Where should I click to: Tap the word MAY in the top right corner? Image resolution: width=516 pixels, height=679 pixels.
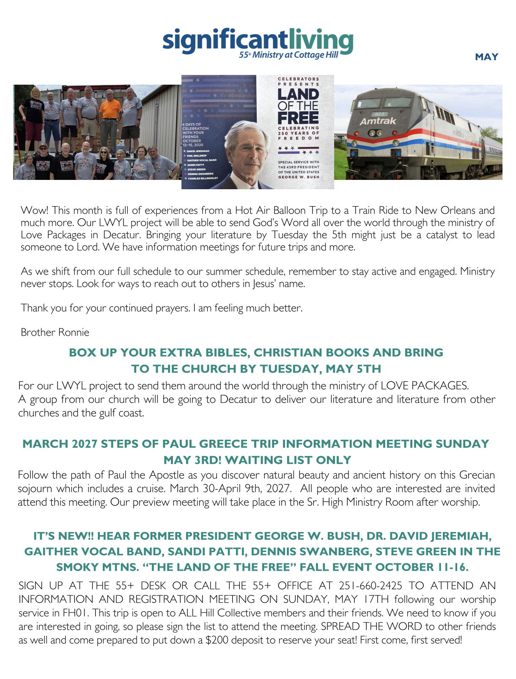[x=486, y=57]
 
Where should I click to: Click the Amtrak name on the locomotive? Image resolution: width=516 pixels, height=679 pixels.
[x=378, y=121]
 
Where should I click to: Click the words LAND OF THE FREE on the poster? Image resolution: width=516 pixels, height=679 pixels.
[x=298, y=106]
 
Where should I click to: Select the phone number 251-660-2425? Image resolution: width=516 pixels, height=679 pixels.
[x=371, y=586]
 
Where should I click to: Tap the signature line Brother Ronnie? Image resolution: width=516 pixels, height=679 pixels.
[x=55, y=332]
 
